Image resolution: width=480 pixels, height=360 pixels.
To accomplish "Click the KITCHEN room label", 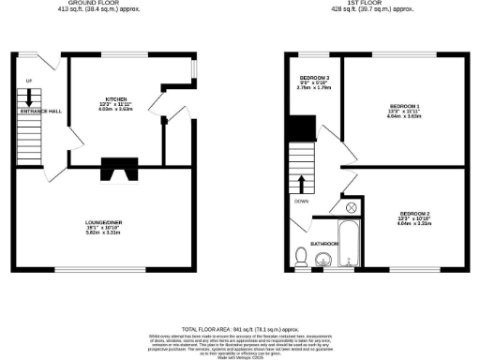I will pyautogui.click(x=116, y=97).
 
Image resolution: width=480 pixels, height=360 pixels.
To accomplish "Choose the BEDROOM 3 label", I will pyautogui.click(x=313, y=77).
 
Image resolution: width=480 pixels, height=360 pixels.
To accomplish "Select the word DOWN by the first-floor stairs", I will pyautogui.click(x=301, y=201).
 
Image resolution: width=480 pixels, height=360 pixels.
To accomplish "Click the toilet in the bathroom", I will pyautogui.click(x=302, y=255).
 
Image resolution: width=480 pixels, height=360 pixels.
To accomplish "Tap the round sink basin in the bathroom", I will pyautogui.click(x=322, y=259).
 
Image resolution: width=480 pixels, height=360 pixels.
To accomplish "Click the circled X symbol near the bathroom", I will pyautogui.click(x=350, y=207).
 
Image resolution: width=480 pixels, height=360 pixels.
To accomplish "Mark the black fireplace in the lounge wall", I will pyautogui.click(x=118, y=171).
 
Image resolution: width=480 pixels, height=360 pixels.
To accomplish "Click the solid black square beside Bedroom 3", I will pyautogui.click(x=301, y=128).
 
